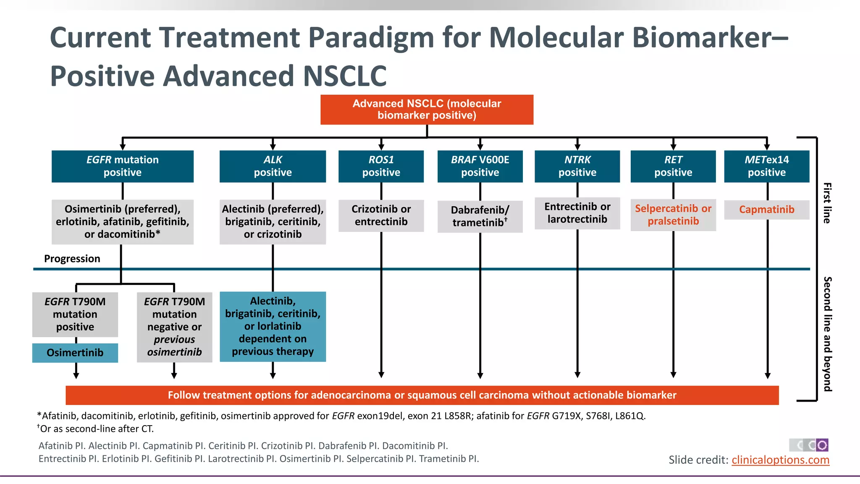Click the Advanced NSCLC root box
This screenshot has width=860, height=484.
(x=427, y=110)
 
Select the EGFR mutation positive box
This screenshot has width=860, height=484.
(x=122, y=166)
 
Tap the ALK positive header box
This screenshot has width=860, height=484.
(x=273, y=166)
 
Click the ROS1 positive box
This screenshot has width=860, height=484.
(x=381, y=166)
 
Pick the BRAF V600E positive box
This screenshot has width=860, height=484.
(x=480, y=166)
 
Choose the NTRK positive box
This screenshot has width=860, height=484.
(x=577, y=166)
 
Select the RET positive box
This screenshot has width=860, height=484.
(x=673, y=166)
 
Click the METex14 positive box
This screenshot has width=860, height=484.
(x=766, y=166)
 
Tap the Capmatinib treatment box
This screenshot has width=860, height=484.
(x=766, y=210)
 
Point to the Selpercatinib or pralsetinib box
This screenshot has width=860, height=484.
(x=673, y=215)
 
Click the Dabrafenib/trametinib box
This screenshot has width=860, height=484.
(x=480, y=216)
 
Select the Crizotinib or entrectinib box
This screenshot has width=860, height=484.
(x=381, y=216)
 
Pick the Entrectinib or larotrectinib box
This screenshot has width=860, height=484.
(x=577, y=213)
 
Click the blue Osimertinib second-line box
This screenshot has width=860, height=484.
(x=75, y=353)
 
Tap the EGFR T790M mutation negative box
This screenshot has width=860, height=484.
(x=174, y=327)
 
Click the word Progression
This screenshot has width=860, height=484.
(x=72, y=259)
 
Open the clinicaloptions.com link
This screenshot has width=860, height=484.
(x=780, y=460)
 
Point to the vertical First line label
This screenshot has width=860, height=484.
(x=827, y=203)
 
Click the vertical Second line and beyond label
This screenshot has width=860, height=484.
(x=827, y=334)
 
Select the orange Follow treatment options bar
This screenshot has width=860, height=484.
(x=422, y=395)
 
